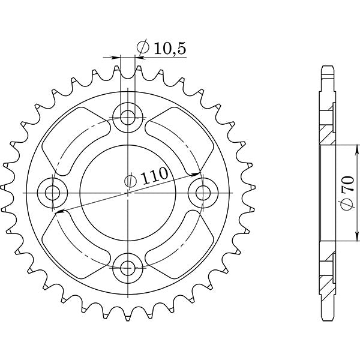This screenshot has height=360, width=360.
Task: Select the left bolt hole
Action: click(x=53, y=193)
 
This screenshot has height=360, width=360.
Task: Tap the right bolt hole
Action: click(x=203, y=192)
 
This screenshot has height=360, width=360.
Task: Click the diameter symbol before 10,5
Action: click(x=143, y=48)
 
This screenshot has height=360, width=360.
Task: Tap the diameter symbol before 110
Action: click(x=130, y=179)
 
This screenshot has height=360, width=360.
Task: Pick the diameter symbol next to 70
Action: click(x=347, y=208)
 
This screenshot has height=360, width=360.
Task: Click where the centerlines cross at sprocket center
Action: click(x=129, y=192)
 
